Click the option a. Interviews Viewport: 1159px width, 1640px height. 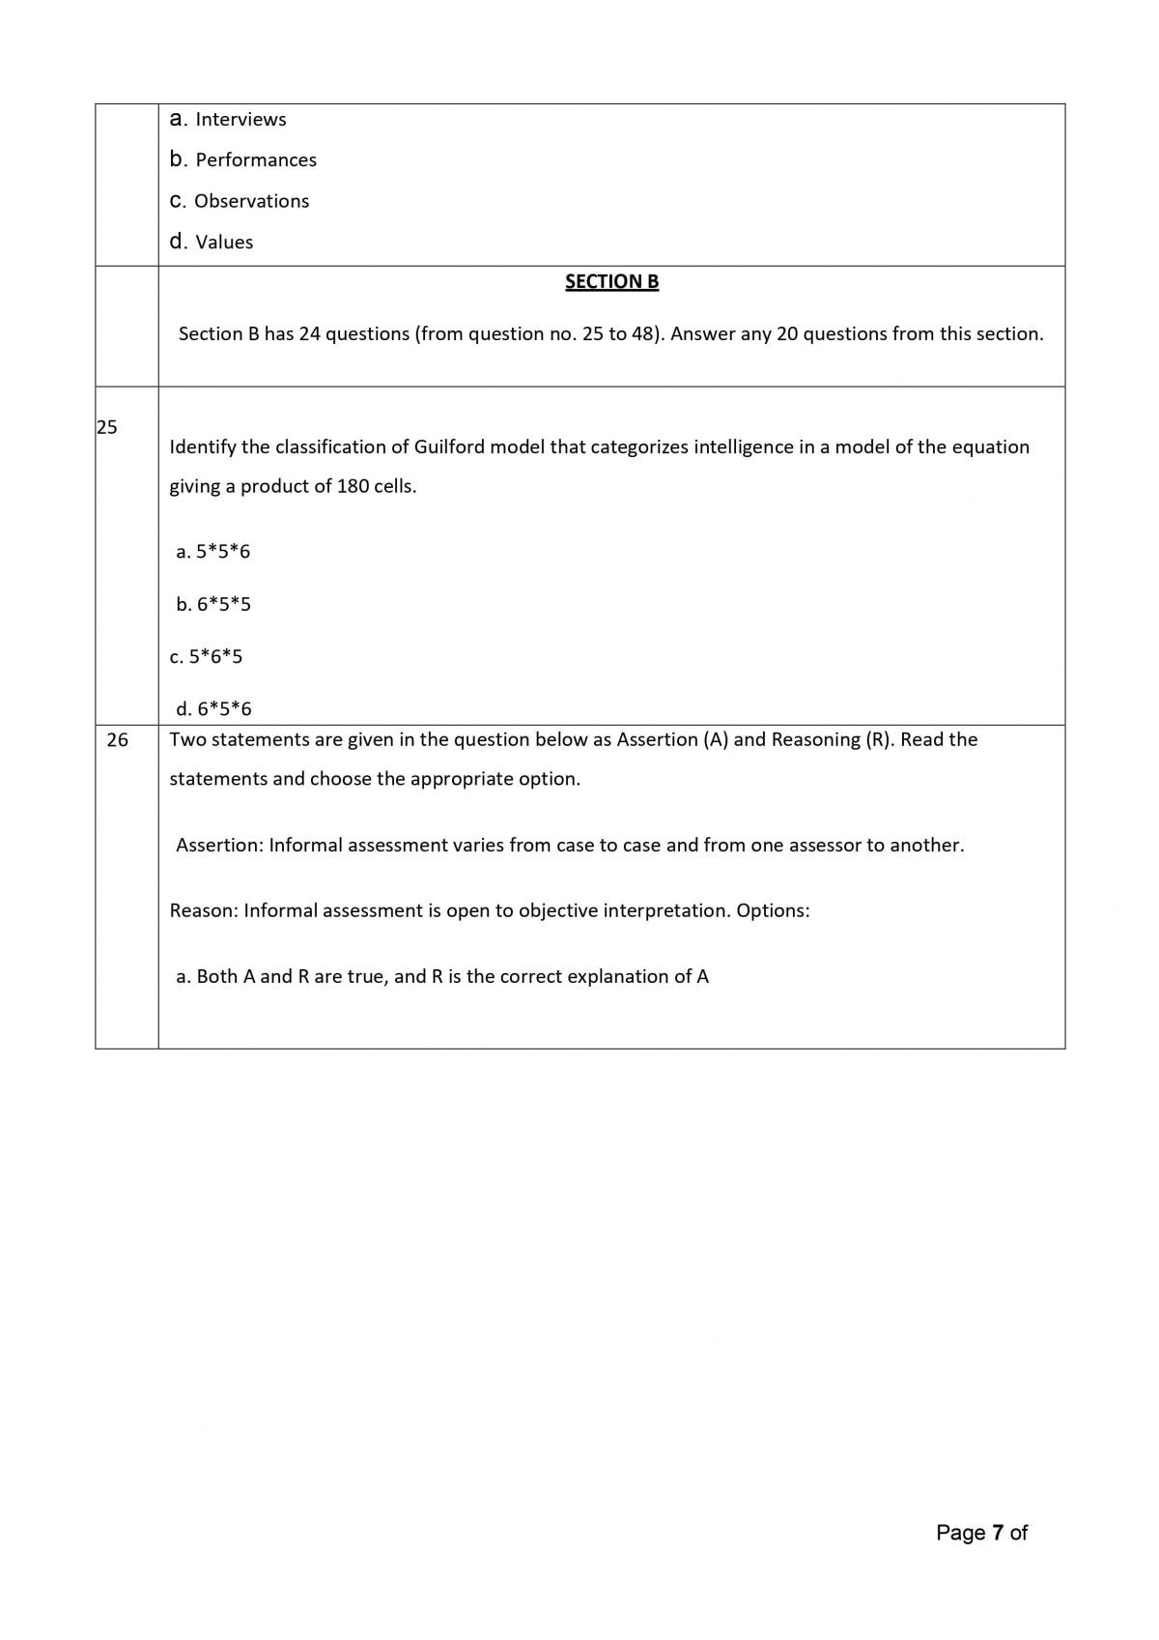tap(228, 119)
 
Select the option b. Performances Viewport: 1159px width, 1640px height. tap(243, 159)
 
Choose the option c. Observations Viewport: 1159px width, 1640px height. tap(240, 201)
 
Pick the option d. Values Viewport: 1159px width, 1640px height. tap(212, 242)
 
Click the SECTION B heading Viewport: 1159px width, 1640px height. tap(611, 281)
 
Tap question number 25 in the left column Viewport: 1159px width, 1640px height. tap(107, 426)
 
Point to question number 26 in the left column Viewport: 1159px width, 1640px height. tap(117, 739)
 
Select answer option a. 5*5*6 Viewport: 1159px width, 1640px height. tap(213, 551)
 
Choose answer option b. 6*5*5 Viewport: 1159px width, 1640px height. tap(213, 604)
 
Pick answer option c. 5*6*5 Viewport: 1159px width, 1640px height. tap(207, 656)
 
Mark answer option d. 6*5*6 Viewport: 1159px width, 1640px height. tap(213, 708)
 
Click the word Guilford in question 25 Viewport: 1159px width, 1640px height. tap(450, 446)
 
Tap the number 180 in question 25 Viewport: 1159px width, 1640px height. tap(353, 486)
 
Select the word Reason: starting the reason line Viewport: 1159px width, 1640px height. tap(204, 910)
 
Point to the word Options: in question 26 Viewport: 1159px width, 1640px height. tap(773, 910)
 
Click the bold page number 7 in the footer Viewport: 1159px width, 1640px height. tap(998, 1533)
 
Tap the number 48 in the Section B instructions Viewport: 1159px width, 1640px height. tap(643, 333)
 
